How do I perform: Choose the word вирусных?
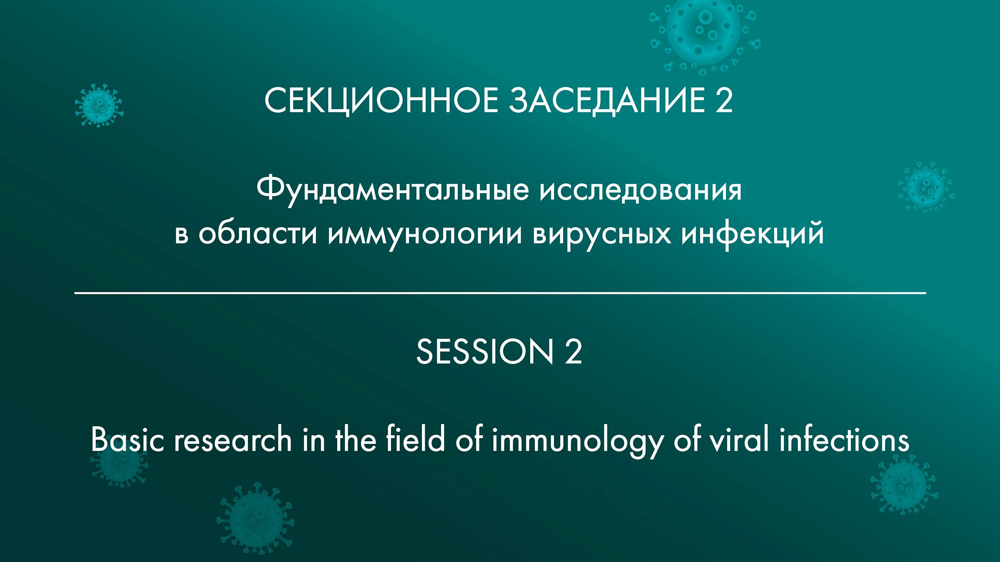602,234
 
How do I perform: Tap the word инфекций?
753,234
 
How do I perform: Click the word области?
258,234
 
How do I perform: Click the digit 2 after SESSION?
573,352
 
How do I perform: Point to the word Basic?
128,440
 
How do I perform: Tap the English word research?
233,440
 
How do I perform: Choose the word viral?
739,440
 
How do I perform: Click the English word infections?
844,440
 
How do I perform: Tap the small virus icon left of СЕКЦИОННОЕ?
99,105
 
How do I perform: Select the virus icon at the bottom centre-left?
255,518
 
